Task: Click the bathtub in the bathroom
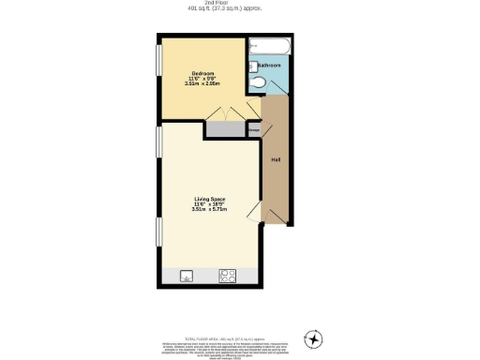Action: point(270,44)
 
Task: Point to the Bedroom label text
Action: point(203,72)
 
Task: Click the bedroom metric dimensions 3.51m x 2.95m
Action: point(203,83)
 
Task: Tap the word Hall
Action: point(276,160)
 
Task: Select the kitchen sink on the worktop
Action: point(187,276)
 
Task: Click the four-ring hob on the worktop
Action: point(227,276)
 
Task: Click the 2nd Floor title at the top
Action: point(239,3)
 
